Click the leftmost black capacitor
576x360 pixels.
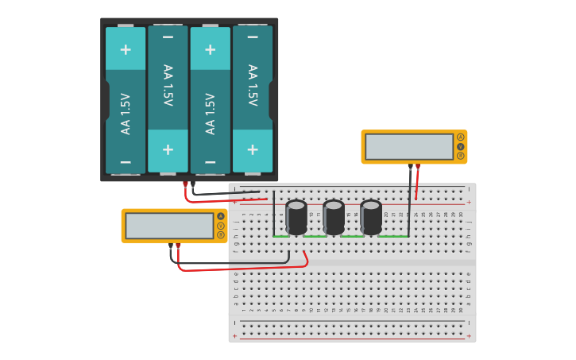296,217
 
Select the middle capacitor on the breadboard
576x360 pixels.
334,217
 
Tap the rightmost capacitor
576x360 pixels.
371,217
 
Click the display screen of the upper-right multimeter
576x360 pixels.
408,147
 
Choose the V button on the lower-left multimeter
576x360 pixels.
221,226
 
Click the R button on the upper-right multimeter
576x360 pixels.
460,156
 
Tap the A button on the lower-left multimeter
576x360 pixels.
221,216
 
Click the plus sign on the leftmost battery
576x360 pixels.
126,49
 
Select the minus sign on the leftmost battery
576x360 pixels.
126,161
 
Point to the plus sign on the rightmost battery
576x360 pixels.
253,149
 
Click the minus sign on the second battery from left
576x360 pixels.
168,37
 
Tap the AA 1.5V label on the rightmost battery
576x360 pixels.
253,86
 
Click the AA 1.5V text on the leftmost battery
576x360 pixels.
126,114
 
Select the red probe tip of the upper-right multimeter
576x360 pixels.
418,167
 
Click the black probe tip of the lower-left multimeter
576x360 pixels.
171,246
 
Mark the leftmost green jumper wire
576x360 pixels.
280,236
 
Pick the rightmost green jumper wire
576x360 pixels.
393,236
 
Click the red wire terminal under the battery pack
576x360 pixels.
185,185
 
